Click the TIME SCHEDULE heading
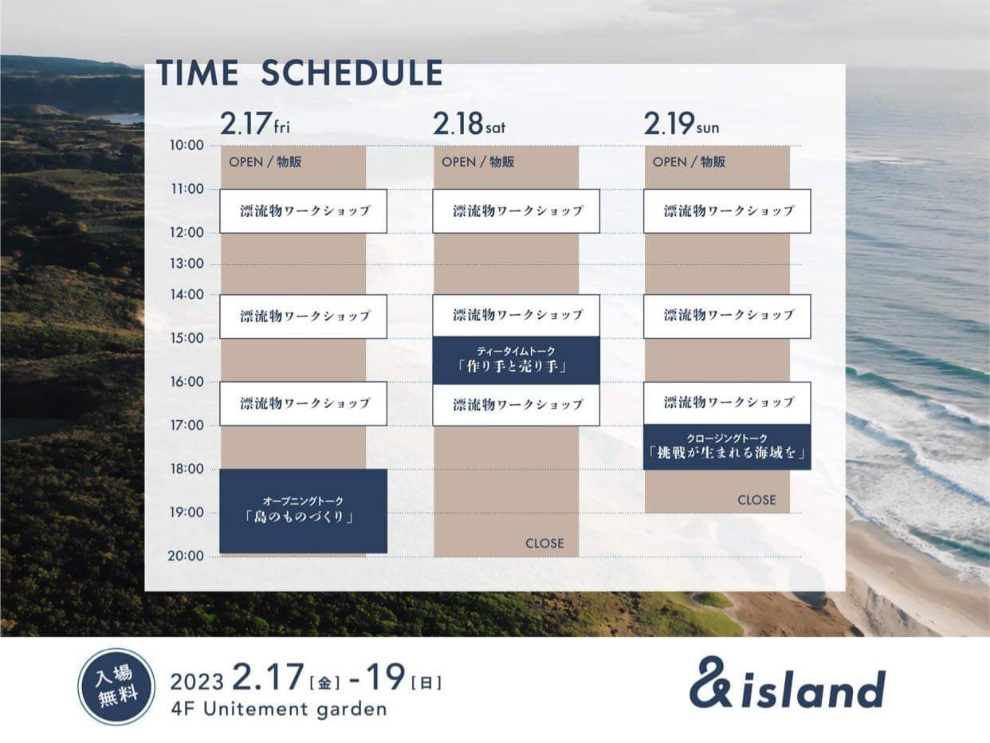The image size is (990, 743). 300,73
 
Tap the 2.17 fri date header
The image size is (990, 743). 255,124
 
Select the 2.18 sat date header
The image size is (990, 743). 469,124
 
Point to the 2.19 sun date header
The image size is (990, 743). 681,124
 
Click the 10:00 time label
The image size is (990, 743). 187,145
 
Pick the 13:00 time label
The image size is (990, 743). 187,263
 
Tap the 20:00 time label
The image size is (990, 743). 186,556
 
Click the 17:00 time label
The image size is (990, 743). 187,426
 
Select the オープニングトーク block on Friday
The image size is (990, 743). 303,511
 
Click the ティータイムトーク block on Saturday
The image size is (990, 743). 516,360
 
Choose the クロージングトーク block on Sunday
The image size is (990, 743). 727,447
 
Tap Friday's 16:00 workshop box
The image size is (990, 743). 303,403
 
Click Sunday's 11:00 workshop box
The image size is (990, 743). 727,211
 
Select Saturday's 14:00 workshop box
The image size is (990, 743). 516,316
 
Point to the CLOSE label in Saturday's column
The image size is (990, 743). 544,543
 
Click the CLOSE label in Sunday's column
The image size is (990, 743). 756,500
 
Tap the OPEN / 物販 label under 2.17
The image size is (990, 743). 265,162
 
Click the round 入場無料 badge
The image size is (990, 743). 116,686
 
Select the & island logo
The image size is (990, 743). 788,684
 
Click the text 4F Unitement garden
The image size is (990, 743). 279,710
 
